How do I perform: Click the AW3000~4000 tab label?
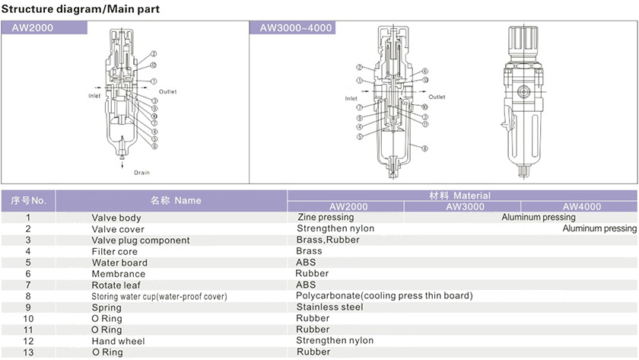296,27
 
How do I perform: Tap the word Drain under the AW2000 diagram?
141,173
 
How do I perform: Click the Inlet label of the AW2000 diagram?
94,96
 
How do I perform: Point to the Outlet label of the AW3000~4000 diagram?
437,97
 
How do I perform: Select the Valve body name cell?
116,218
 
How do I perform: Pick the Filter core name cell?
114,251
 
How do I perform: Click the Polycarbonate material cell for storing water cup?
384,295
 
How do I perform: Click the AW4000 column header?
581,206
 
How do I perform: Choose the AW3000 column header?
465,206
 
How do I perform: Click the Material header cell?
460,196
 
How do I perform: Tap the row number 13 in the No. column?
28,352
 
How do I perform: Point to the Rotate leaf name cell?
117,285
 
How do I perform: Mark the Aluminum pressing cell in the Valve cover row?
599,228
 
